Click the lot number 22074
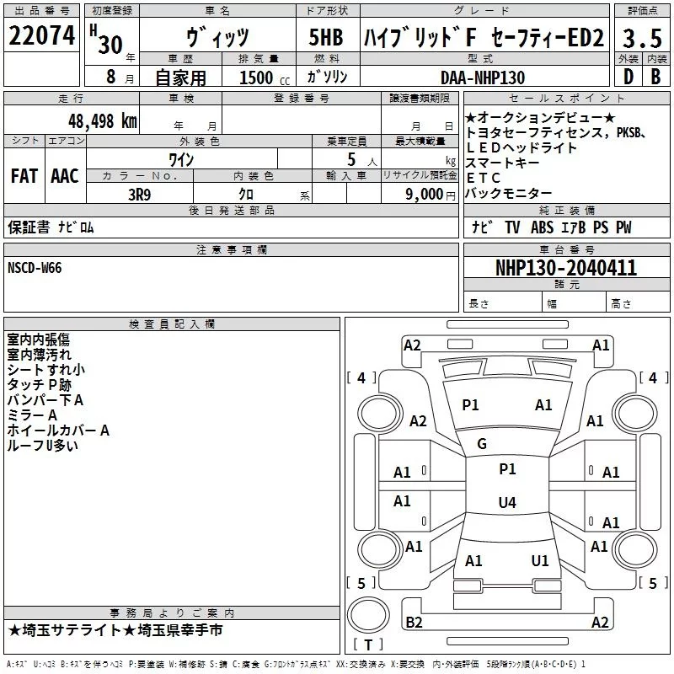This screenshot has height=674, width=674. (x=41, y=35)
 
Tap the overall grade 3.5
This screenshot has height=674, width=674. (x=642, y=38)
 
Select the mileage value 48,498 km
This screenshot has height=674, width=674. (x=103, y=121)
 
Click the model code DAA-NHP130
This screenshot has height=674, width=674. (x=483, y=78)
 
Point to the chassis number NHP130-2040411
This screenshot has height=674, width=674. (x=566, y=268)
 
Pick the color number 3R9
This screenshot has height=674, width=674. (x=140, y=195)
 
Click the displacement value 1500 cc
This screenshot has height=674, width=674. (x=265, y=78)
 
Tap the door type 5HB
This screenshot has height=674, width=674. (x=326, y=37)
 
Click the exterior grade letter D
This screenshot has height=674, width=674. (x=628, y=77)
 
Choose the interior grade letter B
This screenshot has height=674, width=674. (x=655, y=77)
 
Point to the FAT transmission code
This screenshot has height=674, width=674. (x=24, y=176)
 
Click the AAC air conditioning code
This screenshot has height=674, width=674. (x=65, y=176)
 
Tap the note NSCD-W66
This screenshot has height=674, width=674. (x=35, y=268)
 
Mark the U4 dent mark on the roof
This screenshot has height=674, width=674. (x=507, y=502)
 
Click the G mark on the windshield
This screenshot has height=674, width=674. (x=482, y=444)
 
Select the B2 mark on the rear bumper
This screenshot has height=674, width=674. (x=414, y=622)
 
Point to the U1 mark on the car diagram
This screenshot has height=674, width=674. (x=540, y=560)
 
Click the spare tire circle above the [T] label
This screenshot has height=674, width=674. (x=368, y=614)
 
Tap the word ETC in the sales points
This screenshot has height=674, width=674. (x=484, y=178)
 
